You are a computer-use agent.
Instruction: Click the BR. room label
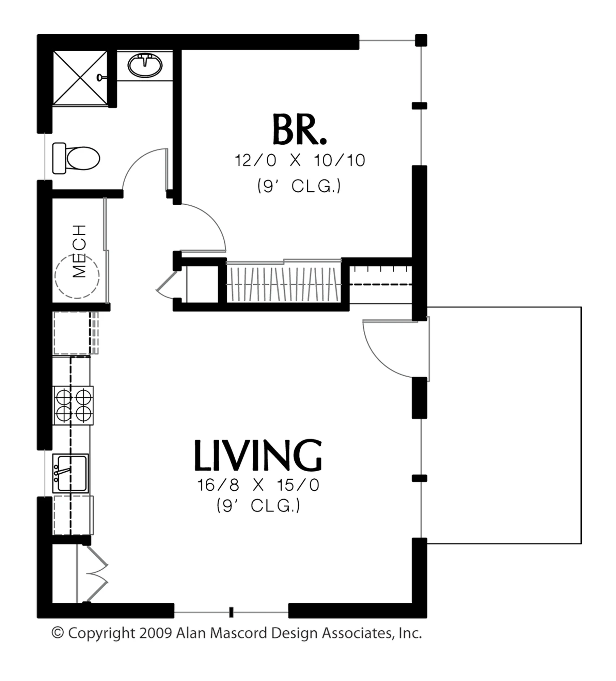pyautogui.click(x=300, y=129)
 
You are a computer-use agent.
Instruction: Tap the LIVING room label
pyautogui.click(x=258, y=455)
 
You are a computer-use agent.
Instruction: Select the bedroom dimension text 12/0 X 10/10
pyautogui.click(x=300, y=160)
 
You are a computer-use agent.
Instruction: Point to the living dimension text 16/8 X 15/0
pyautogui.click(x=258, y=485)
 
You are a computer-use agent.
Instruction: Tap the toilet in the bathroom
pyautogui.click(x=76, y=158)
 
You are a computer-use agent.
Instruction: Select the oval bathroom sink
pyautogui.click(x=145, y=65)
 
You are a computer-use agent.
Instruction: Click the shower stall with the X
pyautogui.click(x=80, y=78)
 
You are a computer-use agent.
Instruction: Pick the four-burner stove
pyautogui.click(x=73, y=405)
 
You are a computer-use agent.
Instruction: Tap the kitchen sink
pyautogui.click(x=70, y=473)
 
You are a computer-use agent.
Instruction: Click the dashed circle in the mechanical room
pyautogui.click(x=77, y=276)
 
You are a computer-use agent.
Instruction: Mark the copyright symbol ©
pyautogui.click(x=58, y=633)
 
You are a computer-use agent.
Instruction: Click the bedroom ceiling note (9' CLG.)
pyautogui.click(x=299, y=186)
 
